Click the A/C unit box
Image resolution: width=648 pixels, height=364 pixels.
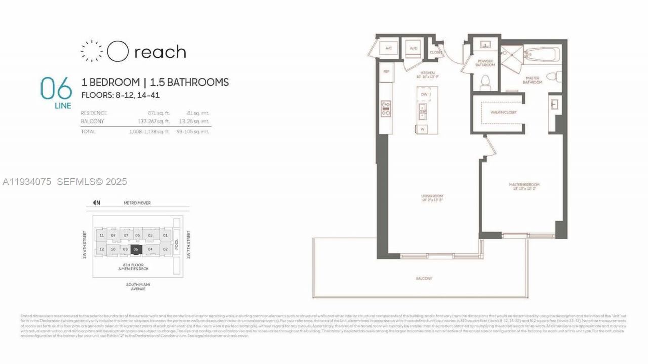(389, 48)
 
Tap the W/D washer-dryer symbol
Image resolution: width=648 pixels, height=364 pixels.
(413, 48)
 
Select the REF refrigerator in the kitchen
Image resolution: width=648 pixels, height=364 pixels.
(386, 72)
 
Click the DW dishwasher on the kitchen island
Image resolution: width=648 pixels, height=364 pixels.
(424, 94)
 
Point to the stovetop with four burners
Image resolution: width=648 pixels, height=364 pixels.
(386, 109)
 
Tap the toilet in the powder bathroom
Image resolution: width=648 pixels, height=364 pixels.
(485, 82)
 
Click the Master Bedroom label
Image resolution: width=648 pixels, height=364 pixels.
(524, 185)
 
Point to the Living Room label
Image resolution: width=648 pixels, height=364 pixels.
(432, 196)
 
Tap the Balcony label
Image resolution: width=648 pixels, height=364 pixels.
(424, 278)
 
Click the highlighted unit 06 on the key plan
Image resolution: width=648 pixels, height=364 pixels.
(135, 249)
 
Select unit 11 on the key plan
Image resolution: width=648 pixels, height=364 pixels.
(102, 235)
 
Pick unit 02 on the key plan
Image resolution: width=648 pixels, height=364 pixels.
(165, 249)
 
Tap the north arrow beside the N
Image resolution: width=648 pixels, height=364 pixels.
(94, 203)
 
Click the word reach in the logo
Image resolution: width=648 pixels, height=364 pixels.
(160, 52)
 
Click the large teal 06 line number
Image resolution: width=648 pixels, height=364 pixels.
(56, 89)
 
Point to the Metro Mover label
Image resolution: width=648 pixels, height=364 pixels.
(137, 203)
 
